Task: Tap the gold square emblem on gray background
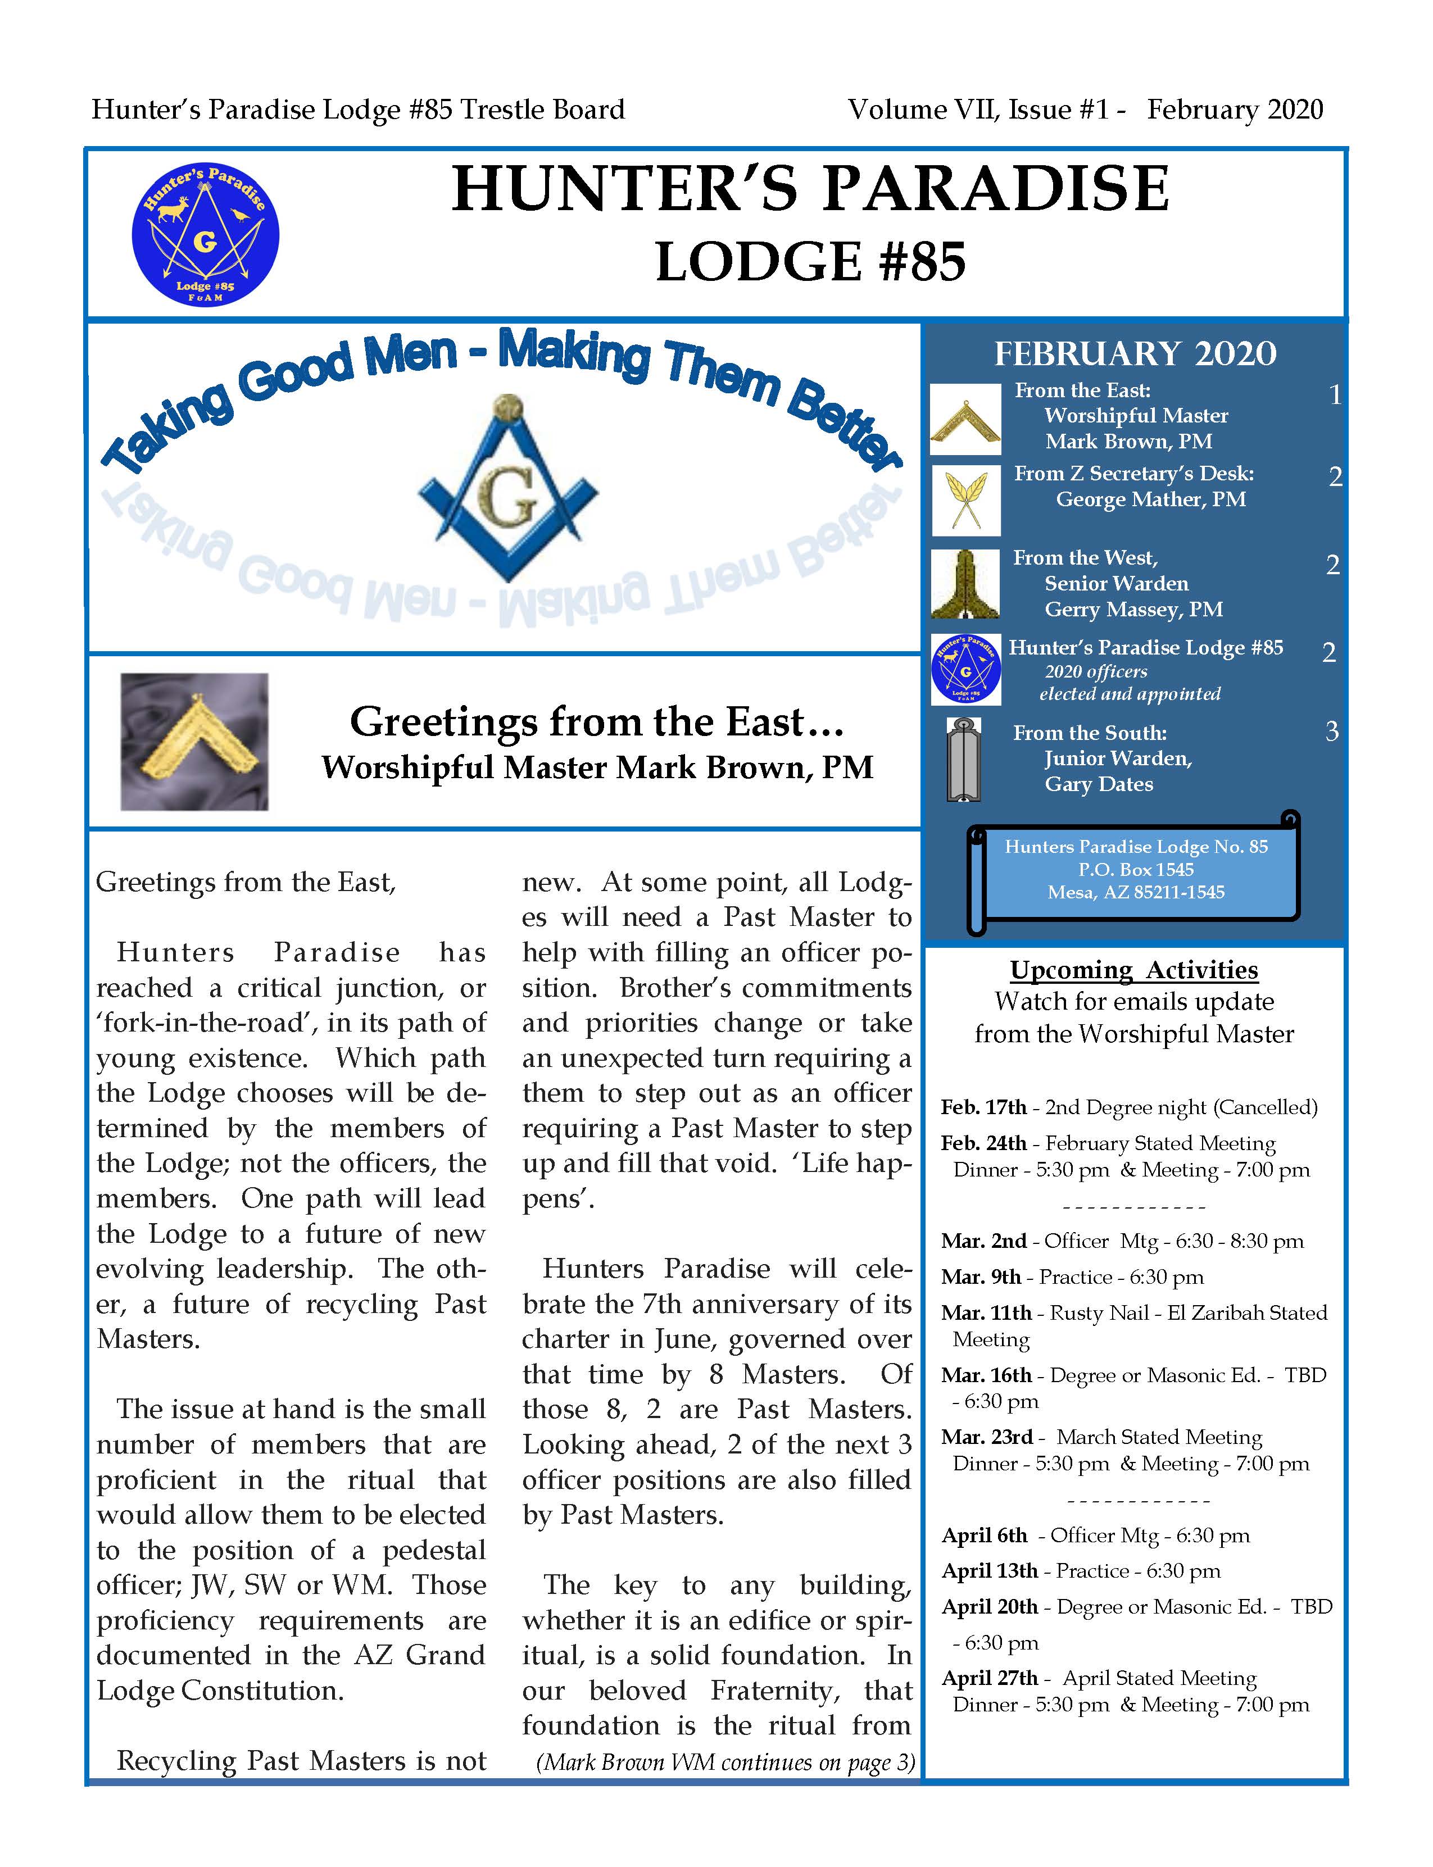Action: point(194,741)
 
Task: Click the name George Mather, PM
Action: point(1151,500)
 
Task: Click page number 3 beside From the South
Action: point(1331,732)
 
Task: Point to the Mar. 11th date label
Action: point(986,1314)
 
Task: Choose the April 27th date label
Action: point(990,1679)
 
